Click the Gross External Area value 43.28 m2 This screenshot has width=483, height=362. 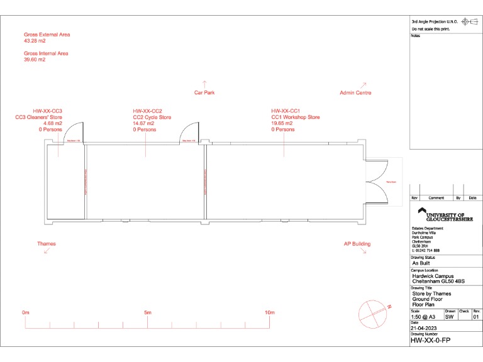[x=35, y=41]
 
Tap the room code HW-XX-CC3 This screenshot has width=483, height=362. [x=48, y=111]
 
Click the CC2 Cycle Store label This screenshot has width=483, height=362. [x=152, y=117]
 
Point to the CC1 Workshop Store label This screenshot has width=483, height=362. [x=296, y=117]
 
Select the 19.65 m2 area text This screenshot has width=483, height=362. [x=282, y=123]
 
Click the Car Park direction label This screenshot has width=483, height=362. [x=204, y=92]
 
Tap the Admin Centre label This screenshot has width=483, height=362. [x=355, y=92]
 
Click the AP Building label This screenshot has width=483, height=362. [x=357, y=244]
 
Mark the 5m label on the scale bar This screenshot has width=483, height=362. [x=147, y=312]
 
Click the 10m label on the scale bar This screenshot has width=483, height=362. [x=269, y=312]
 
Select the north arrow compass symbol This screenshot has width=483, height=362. [x=372, y=312]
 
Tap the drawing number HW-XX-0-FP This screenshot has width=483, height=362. [x=430, y=340]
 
